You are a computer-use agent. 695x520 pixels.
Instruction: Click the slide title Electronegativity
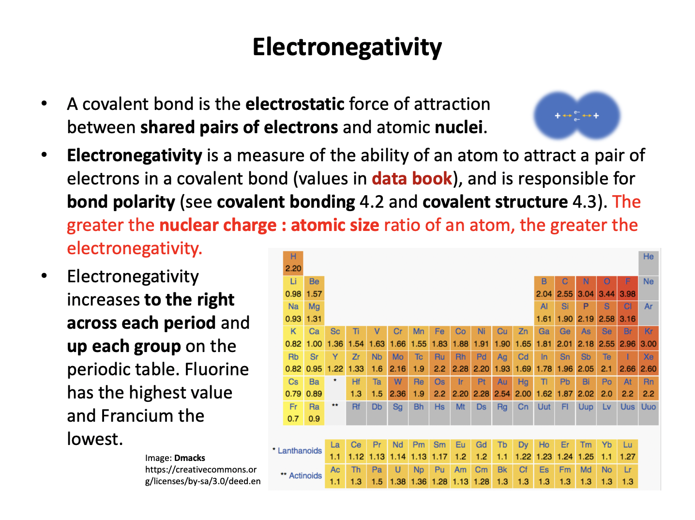pos(347,47)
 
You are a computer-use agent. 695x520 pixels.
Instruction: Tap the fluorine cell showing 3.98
pos(628,288)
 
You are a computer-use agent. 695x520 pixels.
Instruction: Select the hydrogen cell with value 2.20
pos(293,263)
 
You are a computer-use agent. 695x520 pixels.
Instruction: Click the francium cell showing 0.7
pos(293,413)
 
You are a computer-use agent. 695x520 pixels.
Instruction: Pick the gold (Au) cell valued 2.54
pos(502,388)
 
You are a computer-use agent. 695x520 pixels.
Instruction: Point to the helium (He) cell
pos(649,263)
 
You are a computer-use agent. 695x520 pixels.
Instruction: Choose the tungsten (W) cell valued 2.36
pos(398,388)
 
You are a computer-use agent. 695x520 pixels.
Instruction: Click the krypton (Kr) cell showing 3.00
pos(649,338)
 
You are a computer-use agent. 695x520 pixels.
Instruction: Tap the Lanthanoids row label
pos(300,451)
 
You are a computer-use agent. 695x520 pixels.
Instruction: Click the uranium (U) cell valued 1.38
pos(398,476)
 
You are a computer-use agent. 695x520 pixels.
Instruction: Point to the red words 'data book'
pos(411,179)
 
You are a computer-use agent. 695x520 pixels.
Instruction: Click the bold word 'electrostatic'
pos(295,104)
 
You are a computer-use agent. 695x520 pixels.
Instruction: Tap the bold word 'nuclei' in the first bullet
pos(459,127)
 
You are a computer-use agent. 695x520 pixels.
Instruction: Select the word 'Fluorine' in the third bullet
pos(216,369)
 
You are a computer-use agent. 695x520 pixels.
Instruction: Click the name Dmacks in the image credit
pos(190,458)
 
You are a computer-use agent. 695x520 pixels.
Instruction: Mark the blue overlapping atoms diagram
pos(577,116)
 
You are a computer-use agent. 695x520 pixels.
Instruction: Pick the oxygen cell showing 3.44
pos(606,288)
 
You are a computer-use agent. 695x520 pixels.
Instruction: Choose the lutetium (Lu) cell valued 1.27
pos(628,451)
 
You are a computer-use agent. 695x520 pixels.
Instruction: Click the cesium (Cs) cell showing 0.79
pos(293,388)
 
